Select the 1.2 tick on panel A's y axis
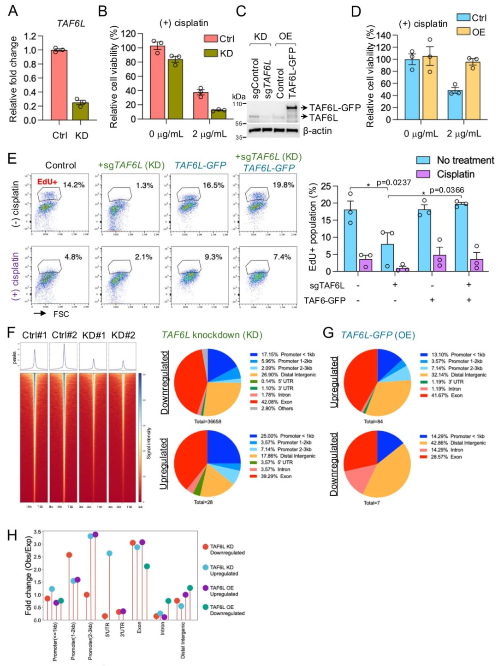[x=30, y=36]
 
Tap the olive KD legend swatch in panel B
[x=211, y=53]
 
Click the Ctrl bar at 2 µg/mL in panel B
[x=201, y=106]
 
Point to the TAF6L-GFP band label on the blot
[x=335, y=107]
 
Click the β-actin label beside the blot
[x=317, y=131]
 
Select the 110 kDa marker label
[x=237, y=104]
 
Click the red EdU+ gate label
[x=47, y=182]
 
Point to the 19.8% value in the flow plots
[x=283, y=185]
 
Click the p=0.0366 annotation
[x=446, y=190]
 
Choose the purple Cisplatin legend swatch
[x=423, y=174]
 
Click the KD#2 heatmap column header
[x=123, y=335]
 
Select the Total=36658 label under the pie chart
[x=207, y=422]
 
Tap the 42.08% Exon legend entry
[x=276, y=402]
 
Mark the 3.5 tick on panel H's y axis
[x=37, y=532]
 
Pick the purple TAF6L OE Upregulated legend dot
[x=205, y=588]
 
